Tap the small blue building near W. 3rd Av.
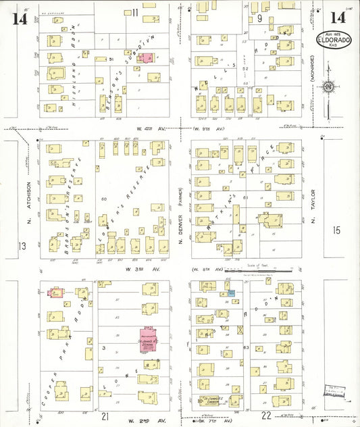pyautogui.click(x=230, y=293)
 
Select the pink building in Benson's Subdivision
pyautogui.click(x=145, y=58)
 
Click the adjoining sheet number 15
pyautogui.click(x=337, y=230)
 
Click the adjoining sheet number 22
pyautogui.click(x=266, y=416)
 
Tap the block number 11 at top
pyautogui.click(x=135, y=12)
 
